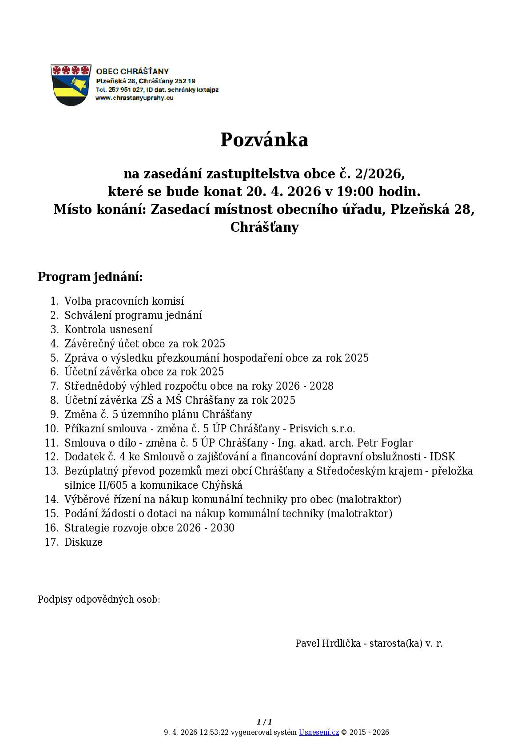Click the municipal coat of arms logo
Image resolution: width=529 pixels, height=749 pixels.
(71, 85)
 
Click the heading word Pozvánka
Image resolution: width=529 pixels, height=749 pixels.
(264, 140)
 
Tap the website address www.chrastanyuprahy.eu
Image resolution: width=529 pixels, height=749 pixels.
(134, 98)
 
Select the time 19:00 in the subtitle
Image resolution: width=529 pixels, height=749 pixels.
(355, 191)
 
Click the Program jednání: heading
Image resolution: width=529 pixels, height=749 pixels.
(90, 277)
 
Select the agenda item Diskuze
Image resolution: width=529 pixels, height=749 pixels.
(84, 542)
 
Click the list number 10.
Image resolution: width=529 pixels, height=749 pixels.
(52, 428)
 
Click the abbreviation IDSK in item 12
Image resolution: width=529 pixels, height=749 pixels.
(442, 457)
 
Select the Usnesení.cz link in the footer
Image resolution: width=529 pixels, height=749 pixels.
(318, 732)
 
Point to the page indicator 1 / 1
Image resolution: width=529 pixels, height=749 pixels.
(264, 722)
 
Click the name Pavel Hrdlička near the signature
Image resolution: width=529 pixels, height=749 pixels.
(328, 643)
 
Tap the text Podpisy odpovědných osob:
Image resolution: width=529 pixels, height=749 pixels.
(99, 599)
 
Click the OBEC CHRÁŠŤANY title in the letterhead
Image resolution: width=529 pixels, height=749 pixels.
(132, 71)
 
